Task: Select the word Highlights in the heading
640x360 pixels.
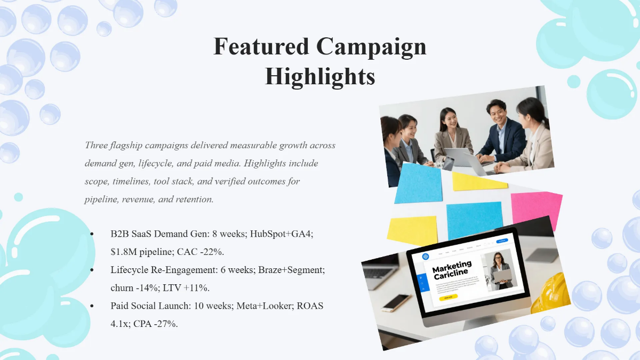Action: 320,76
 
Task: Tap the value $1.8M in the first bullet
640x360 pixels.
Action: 122,252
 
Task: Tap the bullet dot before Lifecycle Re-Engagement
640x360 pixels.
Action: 92,270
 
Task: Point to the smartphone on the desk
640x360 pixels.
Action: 396,302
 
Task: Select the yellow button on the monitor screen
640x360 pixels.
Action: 449,297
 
